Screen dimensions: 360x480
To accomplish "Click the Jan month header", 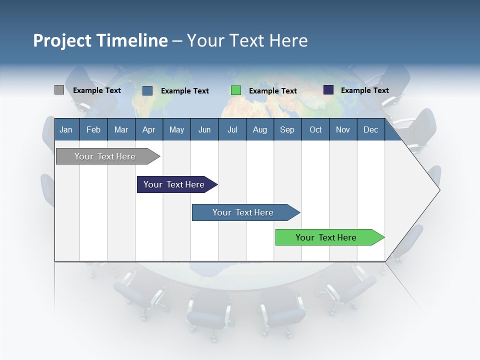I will click(66, 129).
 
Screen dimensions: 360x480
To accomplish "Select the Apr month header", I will click(148, 129).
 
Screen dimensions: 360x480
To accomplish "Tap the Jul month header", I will click(232, 129).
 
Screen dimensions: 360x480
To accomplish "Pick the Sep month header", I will click(287, 129).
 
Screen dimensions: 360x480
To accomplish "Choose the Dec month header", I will click(370, 129).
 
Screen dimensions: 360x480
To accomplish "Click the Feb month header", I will click(93, 129).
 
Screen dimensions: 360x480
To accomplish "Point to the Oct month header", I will click(315, 129).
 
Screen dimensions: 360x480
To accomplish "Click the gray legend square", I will click(59, 90).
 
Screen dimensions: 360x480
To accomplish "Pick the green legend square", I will click(236, 90).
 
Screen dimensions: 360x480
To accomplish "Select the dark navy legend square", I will click(328, 90).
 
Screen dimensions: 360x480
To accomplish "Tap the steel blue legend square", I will click(147, 90).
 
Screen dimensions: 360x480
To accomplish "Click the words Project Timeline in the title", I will click(100, 40).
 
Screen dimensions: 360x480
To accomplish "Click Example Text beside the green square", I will click(272, 91).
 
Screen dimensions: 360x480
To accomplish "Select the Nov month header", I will click(343, 129).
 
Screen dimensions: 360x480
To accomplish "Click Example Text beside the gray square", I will click(97, 90).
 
